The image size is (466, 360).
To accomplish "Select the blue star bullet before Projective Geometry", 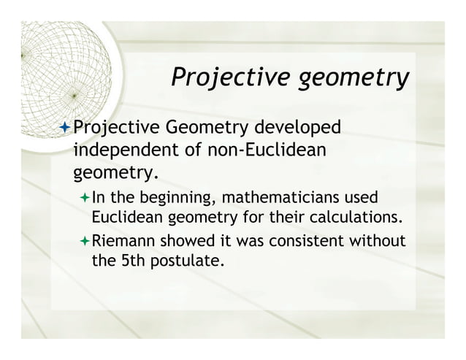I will coord(64,129).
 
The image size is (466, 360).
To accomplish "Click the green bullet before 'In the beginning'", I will coord(83,198).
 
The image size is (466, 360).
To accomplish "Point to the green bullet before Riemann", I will coord(83,240).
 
